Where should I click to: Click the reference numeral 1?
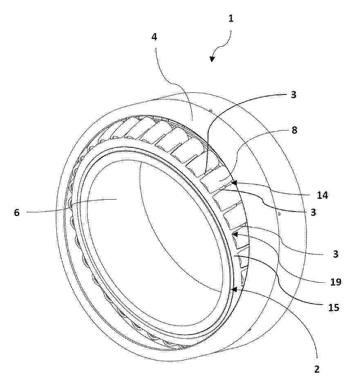[x=231, y=18]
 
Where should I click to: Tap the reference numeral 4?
[x=154, y=37]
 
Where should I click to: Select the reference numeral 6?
[x=16, y=212]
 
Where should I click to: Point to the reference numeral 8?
[x=294, y=130]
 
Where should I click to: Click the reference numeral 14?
[x=322, y=195]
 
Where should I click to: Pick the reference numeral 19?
[x=335, y=282]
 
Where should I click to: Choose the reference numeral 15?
[x=334, y=308]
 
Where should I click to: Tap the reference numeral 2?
[x=317, y=369]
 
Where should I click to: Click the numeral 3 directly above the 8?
[x=293, y=95]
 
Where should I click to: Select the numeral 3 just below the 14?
[x=313, y=212]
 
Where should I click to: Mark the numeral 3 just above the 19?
[x=335, y=254]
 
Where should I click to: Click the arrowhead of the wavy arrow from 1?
[x=212, y=59]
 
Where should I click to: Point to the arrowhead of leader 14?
[x=234, y=183]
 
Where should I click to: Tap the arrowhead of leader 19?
[x=235, y=234]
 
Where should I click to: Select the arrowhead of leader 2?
[x=234, y=289]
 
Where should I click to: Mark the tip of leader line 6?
[x=117, y=199]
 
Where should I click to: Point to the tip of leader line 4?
[x=192, y=120]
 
